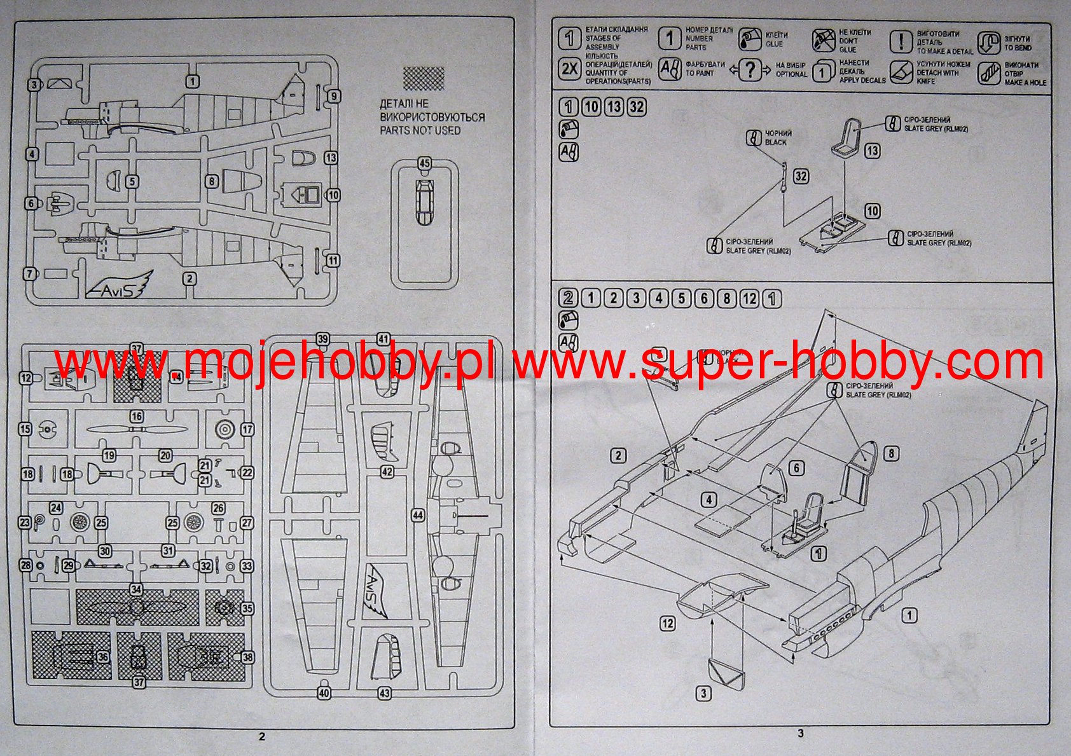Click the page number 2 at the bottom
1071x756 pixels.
(262, 737)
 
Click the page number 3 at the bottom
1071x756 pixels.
(801, 733)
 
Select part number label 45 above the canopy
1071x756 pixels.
(424, 163)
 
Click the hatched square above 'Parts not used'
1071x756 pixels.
(424, 79)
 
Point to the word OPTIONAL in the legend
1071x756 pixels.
(791, 74)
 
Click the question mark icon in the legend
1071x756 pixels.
(750, 69)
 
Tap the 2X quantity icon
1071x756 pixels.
(569, 69)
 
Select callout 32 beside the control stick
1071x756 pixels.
(801, 176)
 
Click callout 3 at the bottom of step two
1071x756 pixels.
(703, 693)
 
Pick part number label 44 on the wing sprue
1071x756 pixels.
(417, 516)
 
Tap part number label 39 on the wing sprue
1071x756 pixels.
(323, 339)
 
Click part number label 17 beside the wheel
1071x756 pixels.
(247, 430)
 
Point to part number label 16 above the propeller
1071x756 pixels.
(136, 416)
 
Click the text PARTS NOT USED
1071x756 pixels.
(420, 130)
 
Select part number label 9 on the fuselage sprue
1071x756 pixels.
(334, 97)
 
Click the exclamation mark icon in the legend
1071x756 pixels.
(901, 42)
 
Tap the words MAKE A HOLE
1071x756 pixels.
(1025, 83)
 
